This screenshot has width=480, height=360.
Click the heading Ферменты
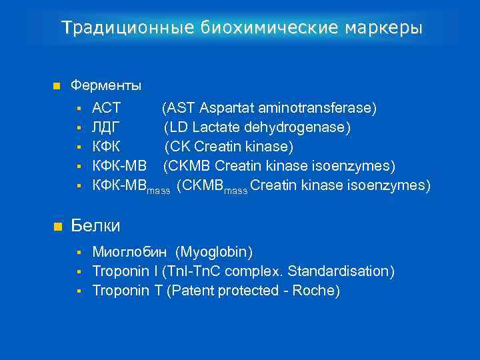coord(106,86)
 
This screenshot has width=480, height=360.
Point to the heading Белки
coord(95,226)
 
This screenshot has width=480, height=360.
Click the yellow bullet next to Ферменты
coord(56,86)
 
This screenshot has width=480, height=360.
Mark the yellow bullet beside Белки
coord(56,227)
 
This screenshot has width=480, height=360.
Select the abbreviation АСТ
coord(107,108)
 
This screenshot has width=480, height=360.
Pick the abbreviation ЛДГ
coord(107,127)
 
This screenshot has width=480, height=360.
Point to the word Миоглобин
coord(131,252)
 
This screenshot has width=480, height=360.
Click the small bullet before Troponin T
coord(79,291)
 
